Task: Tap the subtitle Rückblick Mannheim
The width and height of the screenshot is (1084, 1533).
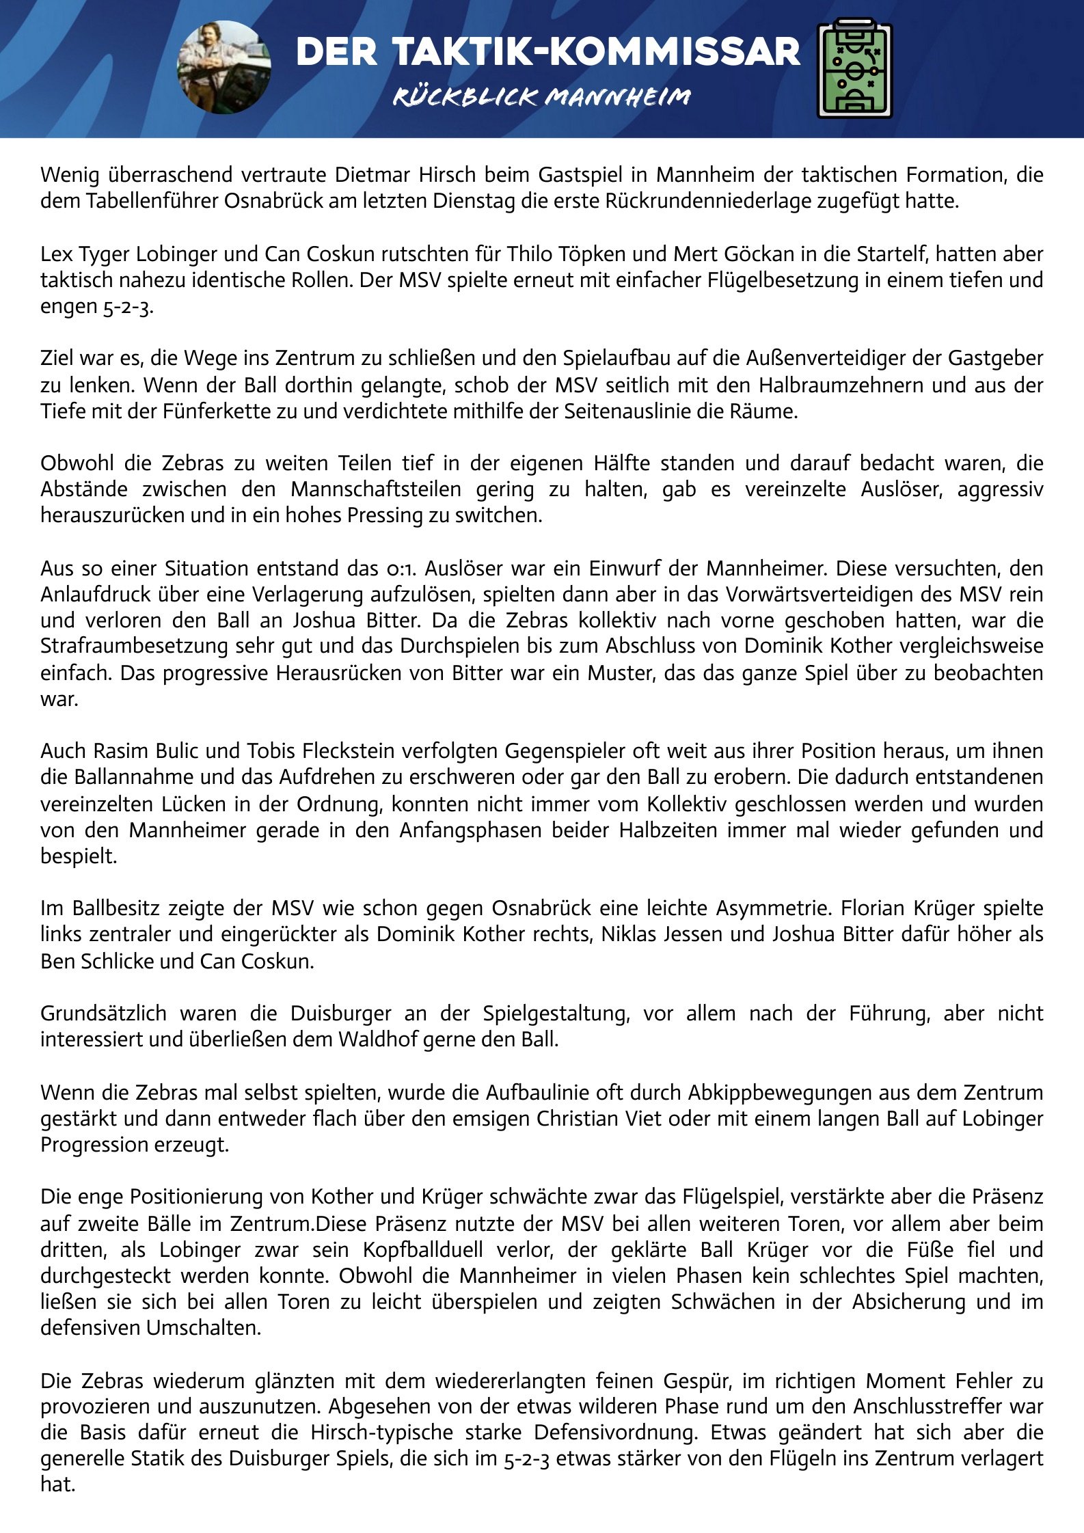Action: point(541,97)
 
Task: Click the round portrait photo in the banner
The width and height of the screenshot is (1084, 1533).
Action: point(224,67)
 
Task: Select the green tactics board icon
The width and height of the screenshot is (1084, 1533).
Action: point(855,68)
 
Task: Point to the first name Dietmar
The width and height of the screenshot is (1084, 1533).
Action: point(366,175)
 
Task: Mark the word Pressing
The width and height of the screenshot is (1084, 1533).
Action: point(385,515)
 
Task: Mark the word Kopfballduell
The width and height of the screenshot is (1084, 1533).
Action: point(424,1250)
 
